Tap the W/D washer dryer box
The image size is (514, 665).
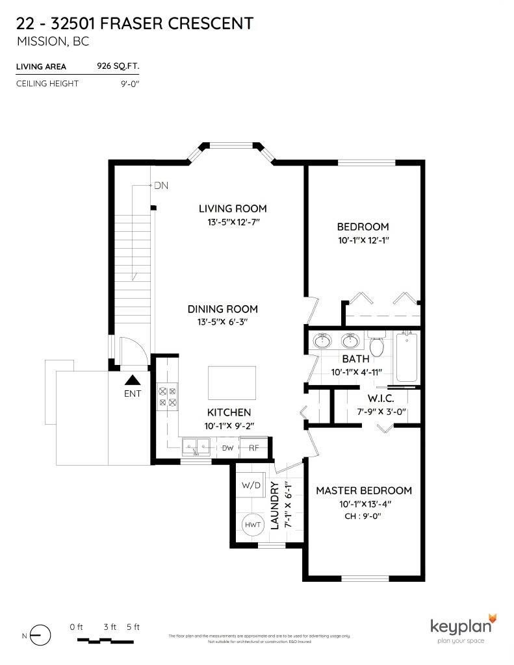pos(250,485)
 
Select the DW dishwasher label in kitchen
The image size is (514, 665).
pos(227,447)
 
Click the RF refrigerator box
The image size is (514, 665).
pos(253,447)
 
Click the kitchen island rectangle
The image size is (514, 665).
pos(232,383)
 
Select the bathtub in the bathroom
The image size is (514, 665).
pos(407,356)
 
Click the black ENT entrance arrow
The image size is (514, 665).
pos(133,381)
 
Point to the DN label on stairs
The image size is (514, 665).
pos(161,186)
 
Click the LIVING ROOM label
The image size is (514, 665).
pos(233,208)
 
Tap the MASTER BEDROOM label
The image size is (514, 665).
pos(364,490)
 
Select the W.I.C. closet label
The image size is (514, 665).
pos(381,397)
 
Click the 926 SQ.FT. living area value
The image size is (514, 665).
pos(118,66)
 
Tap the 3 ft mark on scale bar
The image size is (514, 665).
pos(110,627)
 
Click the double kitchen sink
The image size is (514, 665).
pos(196,446)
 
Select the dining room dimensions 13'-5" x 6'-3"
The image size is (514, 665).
pos(222,321)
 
